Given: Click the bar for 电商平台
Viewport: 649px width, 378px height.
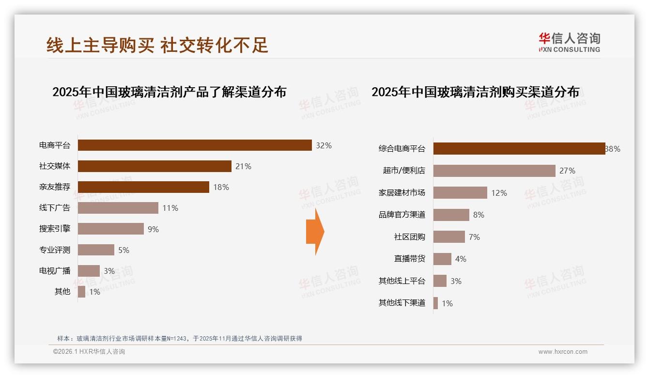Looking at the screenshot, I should pos(195,145).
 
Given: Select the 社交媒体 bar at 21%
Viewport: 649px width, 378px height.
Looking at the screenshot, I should pos(155,166).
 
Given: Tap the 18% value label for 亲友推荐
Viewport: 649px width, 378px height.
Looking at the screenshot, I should pos(221,187).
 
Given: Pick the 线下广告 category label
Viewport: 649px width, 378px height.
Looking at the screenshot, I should pos(55,208).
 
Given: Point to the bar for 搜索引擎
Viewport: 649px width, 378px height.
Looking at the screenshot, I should pos(111,229).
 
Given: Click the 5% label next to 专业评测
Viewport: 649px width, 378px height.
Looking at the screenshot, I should pos(124,250).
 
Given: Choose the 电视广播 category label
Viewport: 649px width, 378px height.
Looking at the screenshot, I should pos(55,271).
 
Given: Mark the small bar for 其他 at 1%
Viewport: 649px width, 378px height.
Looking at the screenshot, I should pos(81,292).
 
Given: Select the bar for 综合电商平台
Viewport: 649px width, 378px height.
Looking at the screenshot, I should pos(519,149).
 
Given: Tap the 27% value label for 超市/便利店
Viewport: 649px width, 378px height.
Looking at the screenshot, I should pos(567,171).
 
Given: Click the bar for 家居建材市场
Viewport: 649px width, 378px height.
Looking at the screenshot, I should pos(460,193).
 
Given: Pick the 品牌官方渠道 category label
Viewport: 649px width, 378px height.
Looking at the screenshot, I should pos(402,215).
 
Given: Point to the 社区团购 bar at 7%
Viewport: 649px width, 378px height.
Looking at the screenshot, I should pos(449,237).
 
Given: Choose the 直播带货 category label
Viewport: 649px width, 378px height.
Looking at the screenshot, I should pos(409,259).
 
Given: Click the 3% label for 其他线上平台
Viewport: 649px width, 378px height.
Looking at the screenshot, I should pos(456,281).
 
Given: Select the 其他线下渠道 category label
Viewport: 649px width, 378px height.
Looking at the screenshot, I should pos(402,303).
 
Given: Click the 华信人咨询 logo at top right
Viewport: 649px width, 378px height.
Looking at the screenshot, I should pos(569,42).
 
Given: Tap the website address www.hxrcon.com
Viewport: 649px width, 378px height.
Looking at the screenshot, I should pos(563,352).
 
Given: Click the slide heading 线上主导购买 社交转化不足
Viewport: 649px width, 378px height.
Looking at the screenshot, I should pos(157,45).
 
